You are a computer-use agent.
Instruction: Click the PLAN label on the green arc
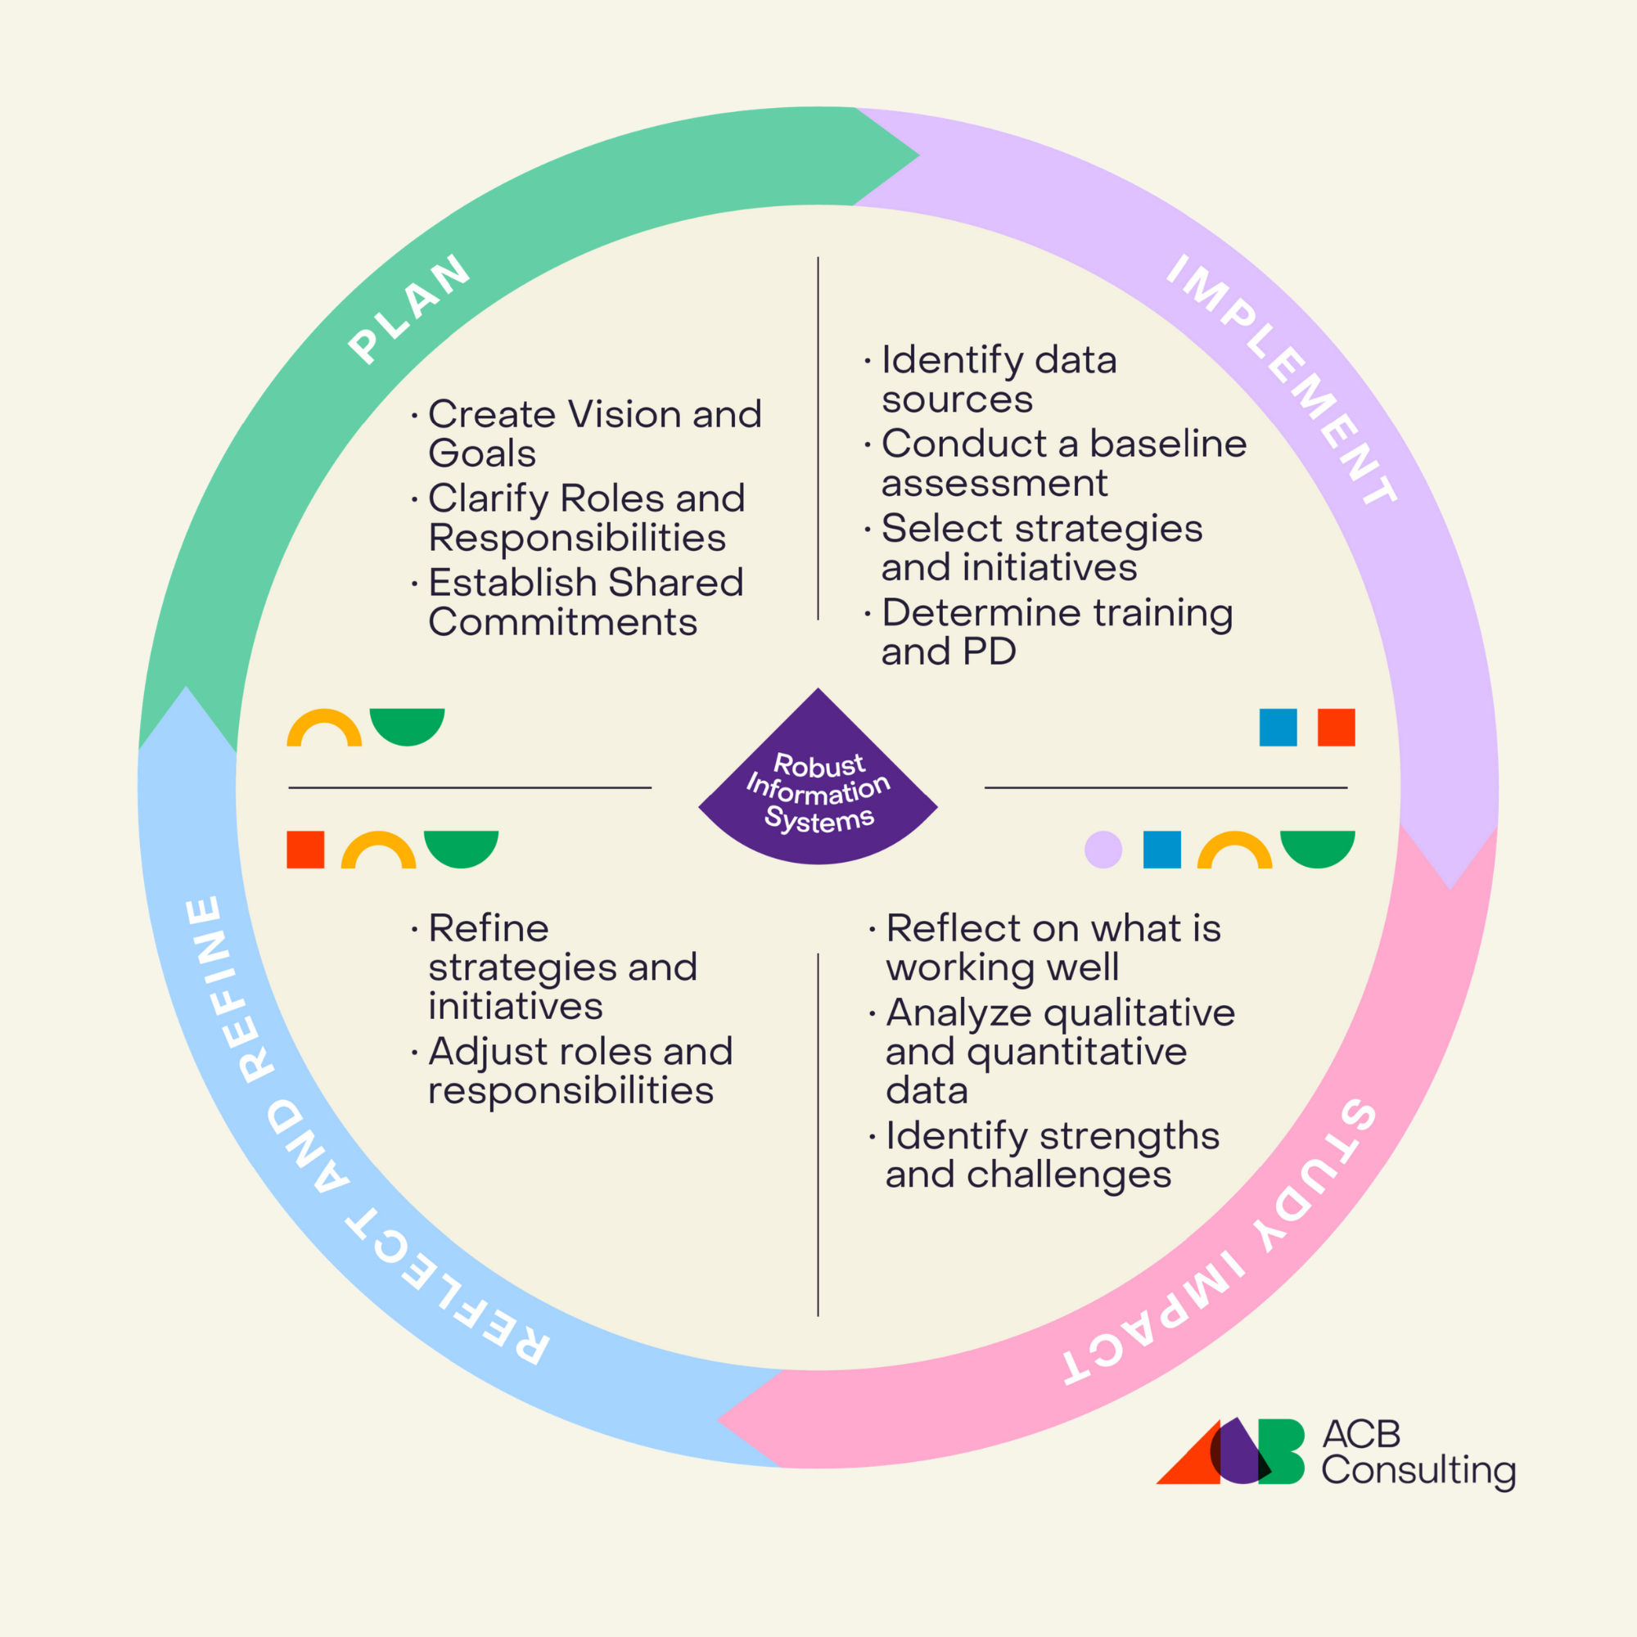click(x=409, y=309)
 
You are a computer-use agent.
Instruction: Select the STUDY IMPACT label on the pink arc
click(x=1220, y=1243)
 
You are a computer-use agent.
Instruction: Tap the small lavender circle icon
click(x=1103, y=850)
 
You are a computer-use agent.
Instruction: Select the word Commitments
click(x=562, y=622)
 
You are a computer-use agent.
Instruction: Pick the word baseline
click(x=1168, y=443)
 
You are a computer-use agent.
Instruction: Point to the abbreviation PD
click(x=990, y=652)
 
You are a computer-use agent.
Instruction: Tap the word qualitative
click(x=1138, y=1012)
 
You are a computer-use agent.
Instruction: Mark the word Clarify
click(x=489, y=499)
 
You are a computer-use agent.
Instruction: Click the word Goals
click(x=482, y=453)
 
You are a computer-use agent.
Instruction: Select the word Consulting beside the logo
click(x=1418, y=1471)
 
